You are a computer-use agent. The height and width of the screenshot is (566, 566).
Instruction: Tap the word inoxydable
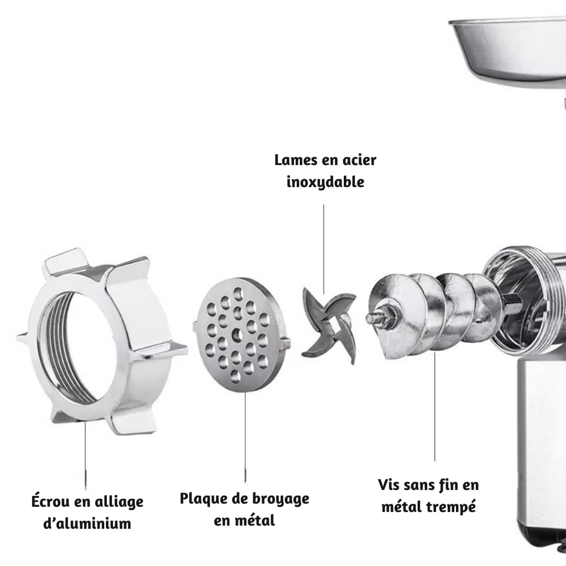tap(325, 182)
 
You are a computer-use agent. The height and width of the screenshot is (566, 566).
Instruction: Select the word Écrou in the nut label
tap(50, 502)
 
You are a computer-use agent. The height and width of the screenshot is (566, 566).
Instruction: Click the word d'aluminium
tap(87, 523)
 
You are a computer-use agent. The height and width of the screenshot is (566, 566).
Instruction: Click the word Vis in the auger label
tap(388, 484)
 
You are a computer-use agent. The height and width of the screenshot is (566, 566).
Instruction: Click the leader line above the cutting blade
tap(323, 246)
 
